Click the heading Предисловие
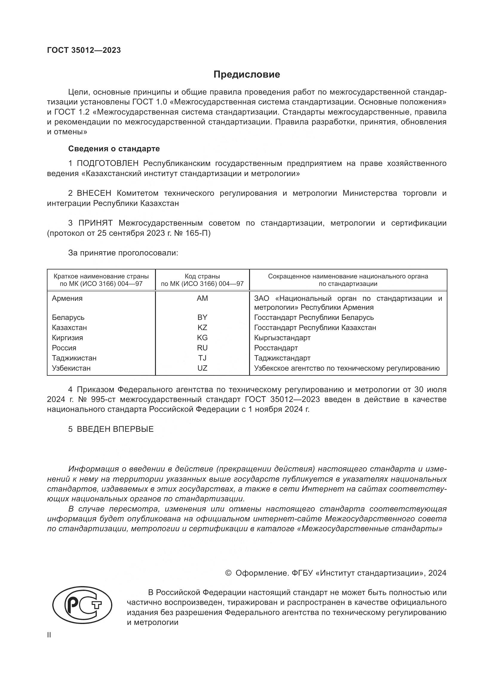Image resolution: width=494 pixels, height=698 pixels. click(x=246, y=75)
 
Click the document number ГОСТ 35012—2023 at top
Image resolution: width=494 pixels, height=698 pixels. click(x=84, y=50)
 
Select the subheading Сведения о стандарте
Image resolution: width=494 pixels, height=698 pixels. click(x=114, y=149)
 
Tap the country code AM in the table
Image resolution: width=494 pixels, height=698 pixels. click(x=202, y=298)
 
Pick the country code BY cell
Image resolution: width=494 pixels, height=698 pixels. click(x=202, y=318)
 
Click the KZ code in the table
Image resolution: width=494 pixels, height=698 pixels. click(x=202, y=327)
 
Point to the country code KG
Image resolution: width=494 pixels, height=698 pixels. click(x=202, y=338)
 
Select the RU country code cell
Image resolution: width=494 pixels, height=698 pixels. click(x=202, y=348)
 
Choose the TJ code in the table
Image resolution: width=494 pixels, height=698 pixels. click(x=202, y=358)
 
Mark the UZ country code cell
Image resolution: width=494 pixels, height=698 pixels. click(x=202, y=368)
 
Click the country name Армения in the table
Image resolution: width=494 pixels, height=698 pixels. click(x=67, y=298)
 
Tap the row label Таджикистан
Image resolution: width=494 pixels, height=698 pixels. click(x=74, y=358)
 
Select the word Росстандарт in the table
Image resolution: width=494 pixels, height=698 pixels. click(x=276, y=348)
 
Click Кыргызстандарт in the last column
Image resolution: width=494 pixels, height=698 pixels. click(x=282, y=338)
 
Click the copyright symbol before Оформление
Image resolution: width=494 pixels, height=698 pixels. click(x=228, y=573)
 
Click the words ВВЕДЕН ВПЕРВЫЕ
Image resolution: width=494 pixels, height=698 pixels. click(x=115, y=429)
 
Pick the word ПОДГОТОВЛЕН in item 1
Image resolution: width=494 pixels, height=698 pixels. click(x=108, y=163)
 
